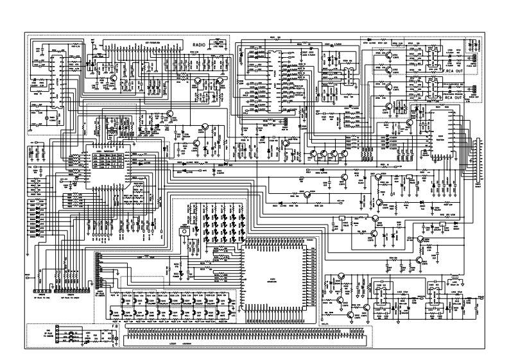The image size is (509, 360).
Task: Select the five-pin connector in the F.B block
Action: click(x=57, y=334)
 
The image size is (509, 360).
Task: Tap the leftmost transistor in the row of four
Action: click(x=313, y=155)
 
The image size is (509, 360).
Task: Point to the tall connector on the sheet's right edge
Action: click(x=476, y=160)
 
